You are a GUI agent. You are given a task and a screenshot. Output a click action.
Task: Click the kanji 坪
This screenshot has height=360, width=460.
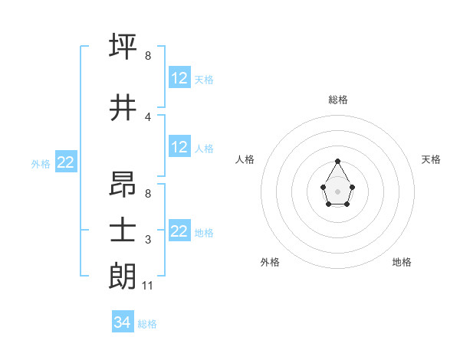pyautogui.click(x=123, y=47)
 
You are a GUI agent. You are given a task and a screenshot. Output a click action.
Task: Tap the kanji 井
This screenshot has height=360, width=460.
pyautogui.click(x=123, y=108)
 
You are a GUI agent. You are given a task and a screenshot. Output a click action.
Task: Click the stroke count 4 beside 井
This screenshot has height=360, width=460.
pyautogui.click(x=148, y=117)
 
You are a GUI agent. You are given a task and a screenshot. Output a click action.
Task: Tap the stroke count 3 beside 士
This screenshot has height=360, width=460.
pyautogui.click(x=148, y=240)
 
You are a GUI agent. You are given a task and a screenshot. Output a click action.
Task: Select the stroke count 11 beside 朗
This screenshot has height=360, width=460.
pyautogui.click(x=149, y=286)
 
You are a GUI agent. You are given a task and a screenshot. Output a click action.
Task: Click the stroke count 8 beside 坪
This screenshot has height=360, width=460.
pyautogui.click(x=148, y=56)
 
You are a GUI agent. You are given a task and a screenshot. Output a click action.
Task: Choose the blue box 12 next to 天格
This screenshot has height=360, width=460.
pyautogui.click(x=179, y=78)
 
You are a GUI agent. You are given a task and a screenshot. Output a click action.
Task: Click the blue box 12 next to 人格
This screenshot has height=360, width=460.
pyautogui.click(x=179, y=147)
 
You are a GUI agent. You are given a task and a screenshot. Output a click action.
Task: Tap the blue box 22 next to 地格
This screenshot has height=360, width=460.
pyautogui.click(x=179, y=231)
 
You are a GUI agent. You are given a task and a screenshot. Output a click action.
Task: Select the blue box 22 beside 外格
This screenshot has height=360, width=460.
pyautogui.click(x=66, y=162)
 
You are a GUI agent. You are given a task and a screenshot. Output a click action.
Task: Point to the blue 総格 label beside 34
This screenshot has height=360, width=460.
pyautogui.click(x=148, y=324)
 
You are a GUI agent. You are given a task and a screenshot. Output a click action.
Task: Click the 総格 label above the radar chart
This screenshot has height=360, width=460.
pyautogui.click(x=338, y=100)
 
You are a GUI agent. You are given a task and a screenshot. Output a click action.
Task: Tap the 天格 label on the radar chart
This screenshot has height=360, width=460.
pyautogui.click(x=432, y=159)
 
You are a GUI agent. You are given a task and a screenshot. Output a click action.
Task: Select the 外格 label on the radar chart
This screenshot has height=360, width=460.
pyautogui.click(x=270, y=262)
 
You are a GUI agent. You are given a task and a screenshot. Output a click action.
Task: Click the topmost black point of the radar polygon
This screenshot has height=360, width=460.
pyautogui.click(x=338, y=162)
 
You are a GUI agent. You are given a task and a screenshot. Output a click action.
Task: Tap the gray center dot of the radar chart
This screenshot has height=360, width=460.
pyautogui.click(x=338, y=190)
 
